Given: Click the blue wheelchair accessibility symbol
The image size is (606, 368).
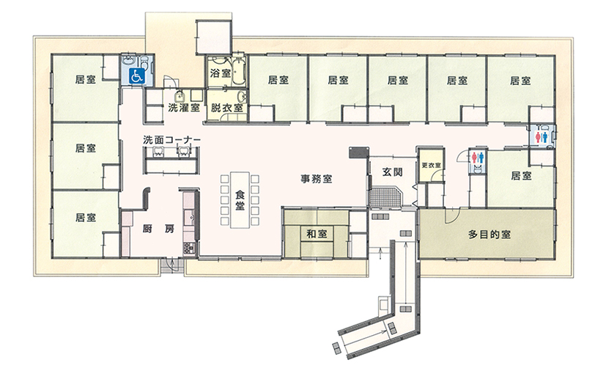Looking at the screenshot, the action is coord(136,76).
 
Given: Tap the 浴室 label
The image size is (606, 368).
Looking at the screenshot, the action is coord(221,73).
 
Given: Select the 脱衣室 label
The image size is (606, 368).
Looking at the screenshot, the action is coord(227,108).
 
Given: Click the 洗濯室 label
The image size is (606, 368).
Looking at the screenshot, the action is coord(184,108).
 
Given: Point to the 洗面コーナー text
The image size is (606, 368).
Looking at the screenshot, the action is coord(171,139).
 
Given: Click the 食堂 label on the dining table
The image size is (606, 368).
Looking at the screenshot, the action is coord(240,200).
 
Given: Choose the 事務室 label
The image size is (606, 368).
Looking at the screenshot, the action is coord(317,179).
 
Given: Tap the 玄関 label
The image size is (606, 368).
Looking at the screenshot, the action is coord(392,172).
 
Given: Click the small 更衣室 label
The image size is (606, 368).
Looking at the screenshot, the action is coord(431,165).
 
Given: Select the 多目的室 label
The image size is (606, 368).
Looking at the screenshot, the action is coord(489,235).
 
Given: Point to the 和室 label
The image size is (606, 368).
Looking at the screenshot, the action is coord(317,234).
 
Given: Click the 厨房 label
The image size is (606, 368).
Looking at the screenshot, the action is coord(158,229).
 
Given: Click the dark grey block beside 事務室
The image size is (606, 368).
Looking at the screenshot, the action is coord(358,152).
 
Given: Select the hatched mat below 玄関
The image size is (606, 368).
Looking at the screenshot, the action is coord(385,196).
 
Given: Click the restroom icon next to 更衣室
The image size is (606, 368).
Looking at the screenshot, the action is coord(477,157).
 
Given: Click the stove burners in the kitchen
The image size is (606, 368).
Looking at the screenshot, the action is coord(188,249).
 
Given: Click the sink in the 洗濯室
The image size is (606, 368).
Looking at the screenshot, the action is coord(179,95).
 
